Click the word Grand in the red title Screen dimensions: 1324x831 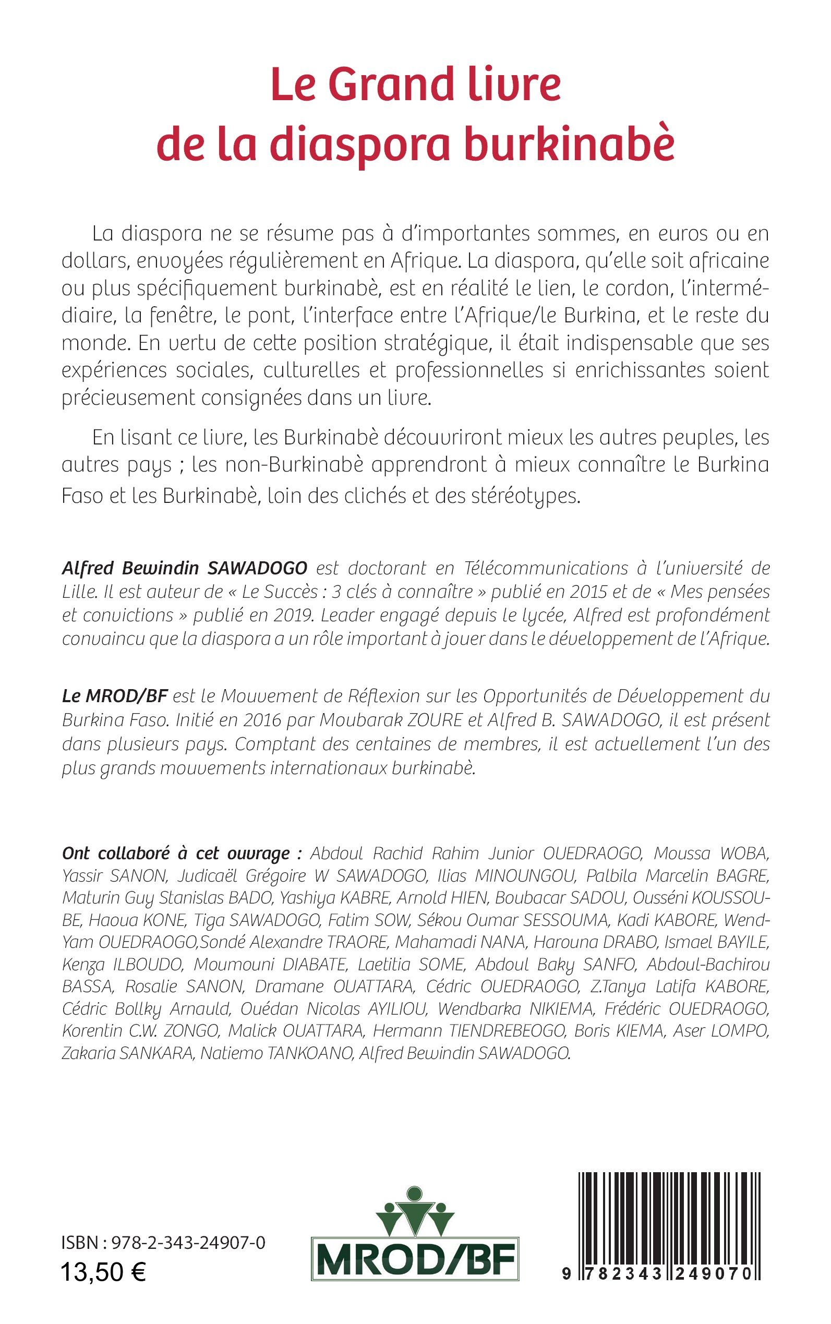391,86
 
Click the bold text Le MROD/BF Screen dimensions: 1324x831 114,696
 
